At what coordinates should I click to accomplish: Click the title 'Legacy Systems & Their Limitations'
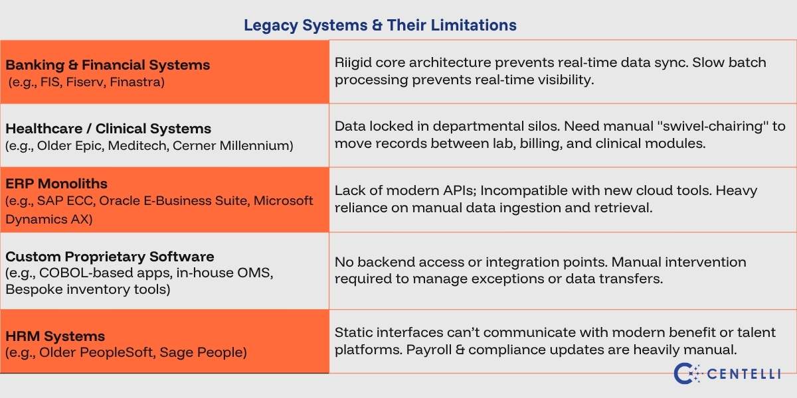click(380, 26)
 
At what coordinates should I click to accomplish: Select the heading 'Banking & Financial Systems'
click(108, 65)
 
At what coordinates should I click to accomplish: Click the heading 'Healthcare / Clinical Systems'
click(108, 129)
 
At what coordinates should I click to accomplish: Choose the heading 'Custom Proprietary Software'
click(110, 256)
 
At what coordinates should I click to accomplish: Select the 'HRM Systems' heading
click(55, 336)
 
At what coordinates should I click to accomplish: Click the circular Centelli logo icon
click(684, 373)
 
